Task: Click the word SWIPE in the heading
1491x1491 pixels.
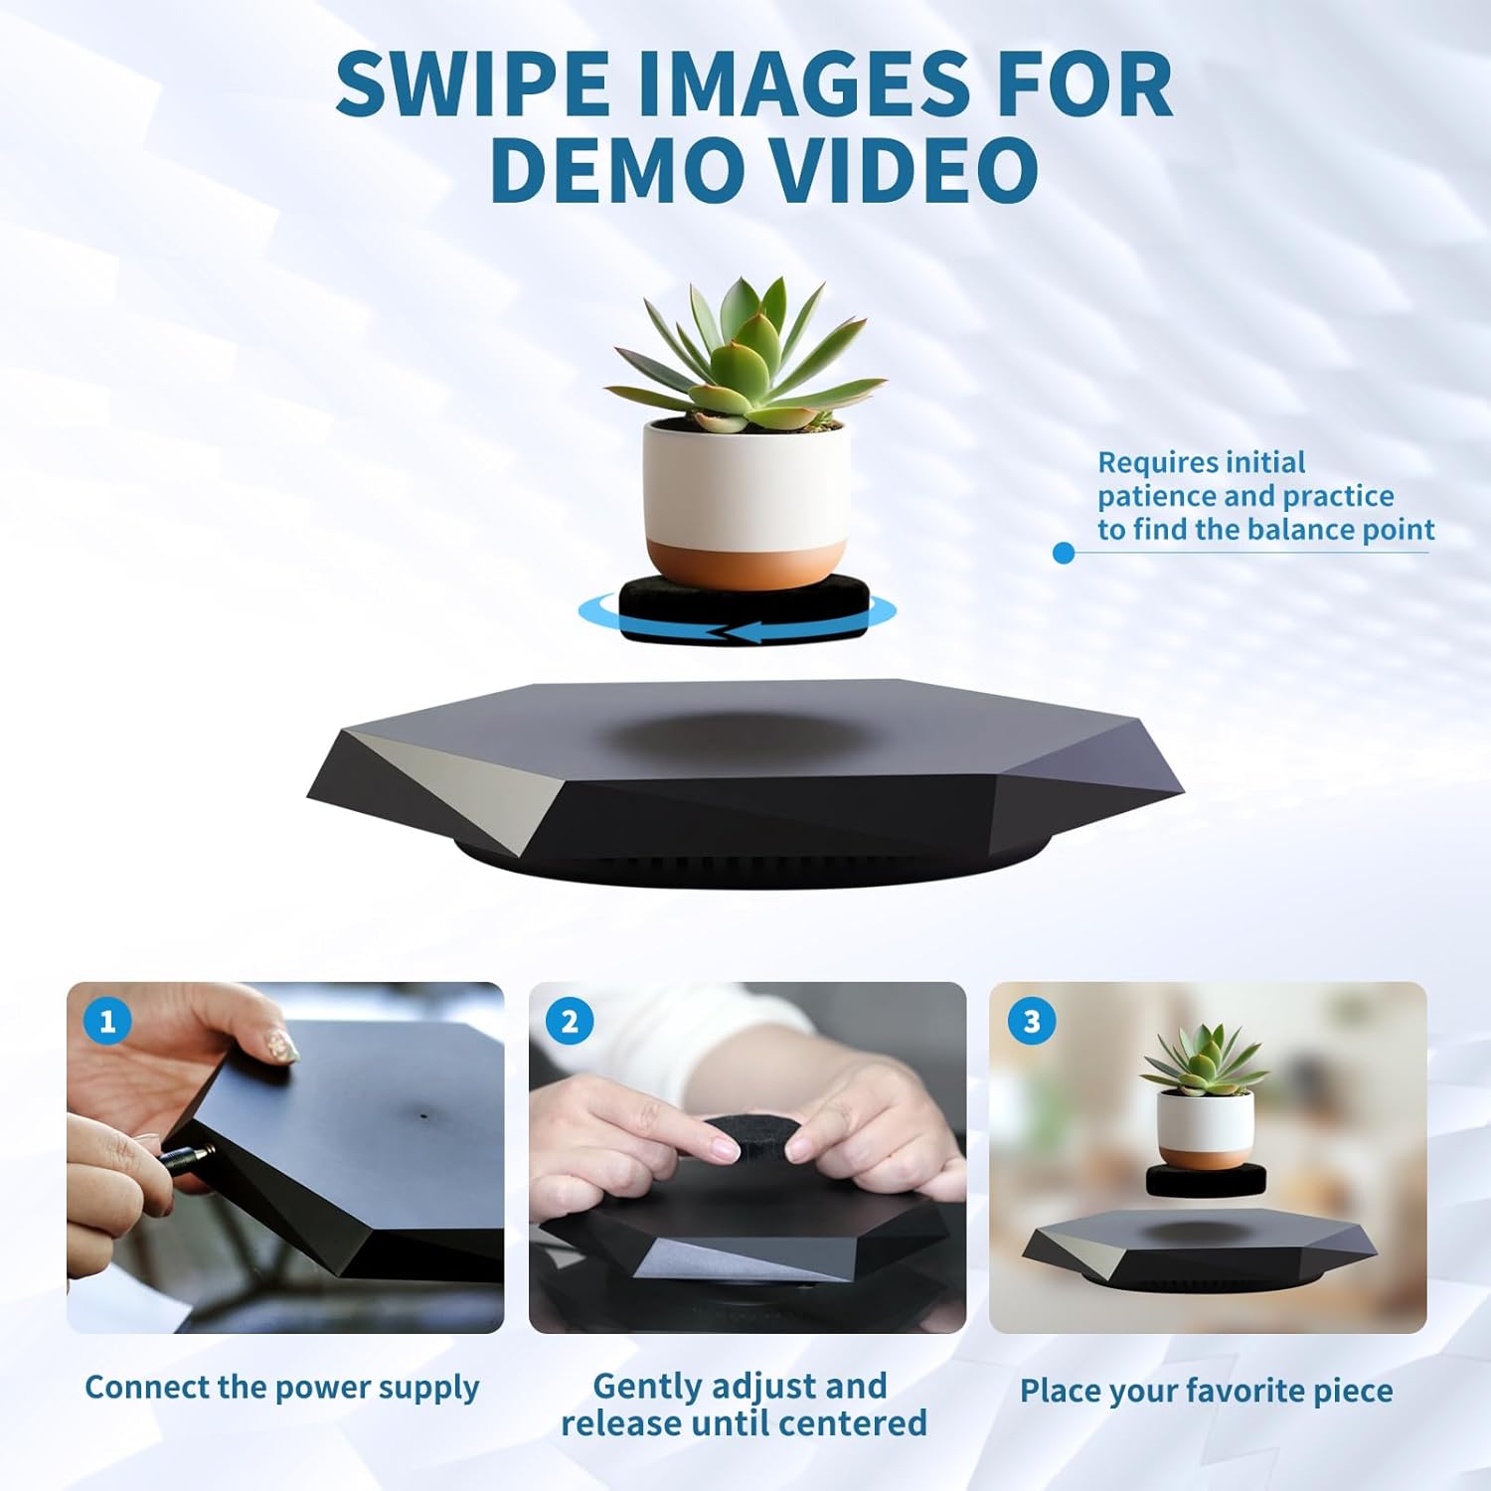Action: [471, 84]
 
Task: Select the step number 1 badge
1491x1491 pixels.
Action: [107, 1021]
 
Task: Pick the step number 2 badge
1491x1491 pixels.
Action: [570, 1021]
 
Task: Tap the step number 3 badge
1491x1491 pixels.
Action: [1031, 1021]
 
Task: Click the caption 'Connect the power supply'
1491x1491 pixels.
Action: [282, 1388]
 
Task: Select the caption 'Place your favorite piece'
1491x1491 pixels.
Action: [1206, 1391]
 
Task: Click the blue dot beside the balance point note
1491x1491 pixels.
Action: [1064, 553]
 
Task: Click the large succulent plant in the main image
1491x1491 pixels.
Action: [745, 358]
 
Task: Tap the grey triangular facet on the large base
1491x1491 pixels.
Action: [447, 785]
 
